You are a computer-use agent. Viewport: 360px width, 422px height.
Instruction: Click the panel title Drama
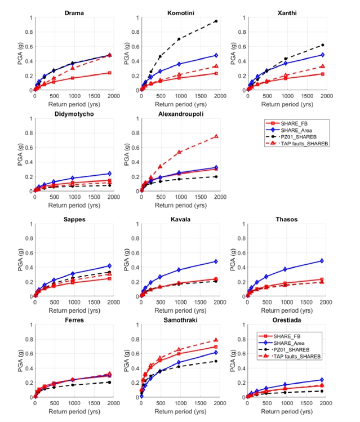73,12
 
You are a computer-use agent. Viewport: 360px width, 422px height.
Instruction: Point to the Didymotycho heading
73,113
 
